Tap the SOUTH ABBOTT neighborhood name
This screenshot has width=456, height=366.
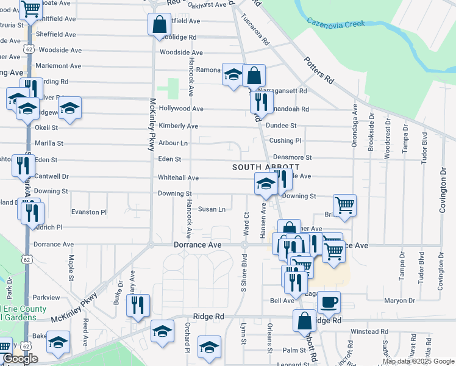[266, 167]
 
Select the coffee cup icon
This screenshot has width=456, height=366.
[329, 301]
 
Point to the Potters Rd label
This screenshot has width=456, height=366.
[319, 70]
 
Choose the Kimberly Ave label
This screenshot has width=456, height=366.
[178, 126]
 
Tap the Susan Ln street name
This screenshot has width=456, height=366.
[212, 209]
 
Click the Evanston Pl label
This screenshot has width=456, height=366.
[89, 212]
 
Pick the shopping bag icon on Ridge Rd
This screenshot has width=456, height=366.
[304, 320]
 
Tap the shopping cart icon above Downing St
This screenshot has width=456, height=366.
[344, 205]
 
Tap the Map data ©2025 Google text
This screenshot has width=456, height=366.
[418, 361]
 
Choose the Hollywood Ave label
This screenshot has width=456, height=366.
[180, 109]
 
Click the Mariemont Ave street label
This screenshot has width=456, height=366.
[59, 66]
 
